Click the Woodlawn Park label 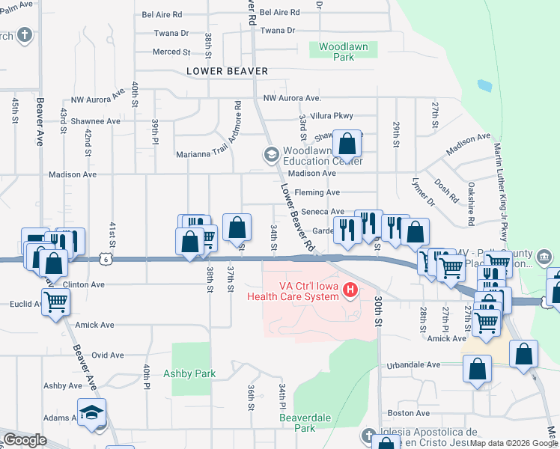(x=343, y=52)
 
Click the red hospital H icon (x=348, y=289)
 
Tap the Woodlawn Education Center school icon (x=270, y=155)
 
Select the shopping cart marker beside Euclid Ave (x=55, y=302)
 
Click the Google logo (x=25, y=440)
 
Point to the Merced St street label (x=171, y=52)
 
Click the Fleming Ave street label (x=317, y=192)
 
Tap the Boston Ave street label (x=408, y=413)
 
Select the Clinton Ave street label (x=85, y=284)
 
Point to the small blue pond (x=484, y=85)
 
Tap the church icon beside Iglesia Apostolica (x=367, y=436)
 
